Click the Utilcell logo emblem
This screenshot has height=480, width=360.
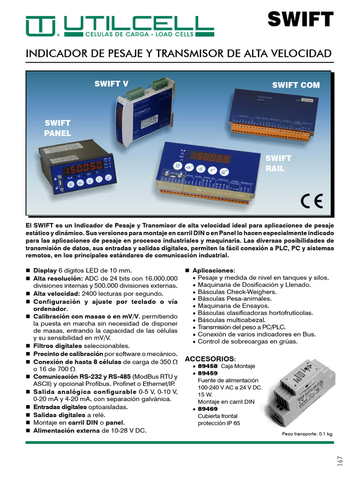(x=41, y=26)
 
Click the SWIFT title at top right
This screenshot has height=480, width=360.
(x=300, y=20)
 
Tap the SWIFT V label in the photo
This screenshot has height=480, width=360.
(x=111, y=84)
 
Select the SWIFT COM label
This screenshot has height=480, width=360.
(x=296, y=85)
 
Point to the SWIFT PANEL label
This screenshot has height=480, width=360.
(x=57, y=128)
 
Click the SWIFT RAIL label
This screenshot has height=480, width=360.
(x=278, y=163)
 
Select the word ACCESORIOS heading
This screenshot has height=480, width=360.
(x=209, y=358)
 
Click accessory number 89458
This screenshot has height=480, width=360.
(x=208, y=366)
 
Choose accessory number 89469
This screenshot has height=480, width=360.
(x=208, y=409)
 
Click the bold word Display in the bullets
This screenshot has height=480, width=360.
(x=45, y=270)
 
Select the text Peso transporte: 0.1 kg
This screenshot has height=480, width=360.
(x=307, y=434)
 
